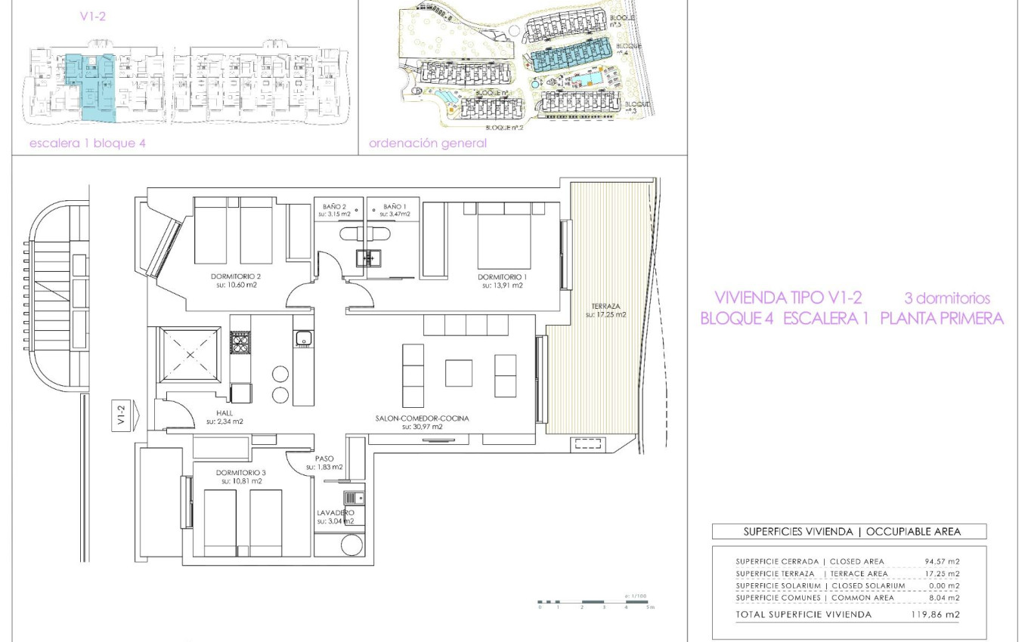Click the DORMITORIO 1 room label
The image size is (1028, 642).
coord(501,276)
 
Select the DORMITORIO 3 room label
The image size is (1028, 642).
coord(240,472)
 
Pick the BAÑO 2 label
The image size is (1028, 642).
coord(333,206)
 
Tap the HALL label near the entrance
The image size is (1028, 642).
coord(225,412)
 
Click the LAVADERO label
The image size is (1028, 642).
coord(335,513)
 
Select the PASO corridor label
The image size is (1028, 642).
coord(324,458)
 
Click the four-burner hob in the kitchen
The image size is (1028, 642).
coord(240,343)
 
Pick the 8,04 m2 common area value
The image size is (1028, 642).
coord(943,597)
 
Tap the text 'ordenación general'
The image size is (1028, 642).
coord(427,143)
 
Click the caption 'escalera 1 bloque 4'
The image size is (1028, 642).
coord(87,143)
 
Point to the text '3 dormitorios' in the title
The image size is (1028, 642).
coord(947,298)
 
